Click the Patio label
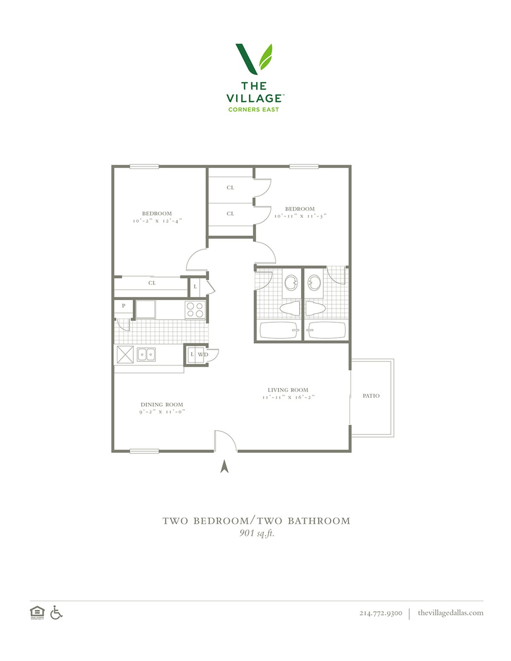point(371,396)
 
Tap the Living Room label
point(288,390)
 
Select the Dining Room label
point(162,405)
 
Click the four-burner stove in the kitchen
point(195,310)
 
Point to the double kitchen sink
point(146,355)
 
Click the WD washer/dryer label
point(203,355)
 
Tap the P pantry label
point(123,306)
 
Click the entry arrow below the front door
point(224,466)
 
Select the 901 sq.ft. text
point(257,533)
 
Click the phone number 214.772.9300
point(381,613)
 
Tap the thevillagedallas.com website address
point(451,612)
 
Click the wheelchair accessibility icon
point(56,612)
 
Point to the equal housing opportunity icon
point(37,612)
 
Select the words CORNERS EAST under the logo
point(253,109)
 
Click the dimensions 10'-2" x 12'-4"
point(158,221)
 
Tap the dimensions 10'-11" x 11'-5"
point(300,216)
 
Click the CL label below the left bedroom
point(152,283)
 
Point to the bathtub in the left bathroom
point(278,330)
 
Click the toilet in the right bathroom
point(316,308)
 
